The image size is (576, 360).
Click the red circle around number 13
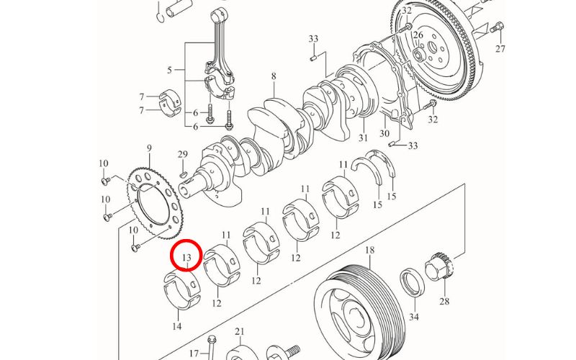coord(187,256)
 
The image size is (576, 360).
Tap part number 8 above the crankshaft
coord(274,76)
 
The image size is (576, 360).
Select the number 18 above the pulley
coord(370,251)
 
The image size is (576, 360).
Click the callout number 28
coord(444,302)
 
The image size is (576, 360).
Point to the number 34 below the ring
coord(414,317)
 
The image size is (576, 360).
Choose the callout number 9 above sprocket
coord(149,149)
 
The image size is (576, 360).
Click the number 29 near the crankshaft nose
coord(183,155)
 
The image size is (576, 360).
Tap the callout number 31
coord(363,138)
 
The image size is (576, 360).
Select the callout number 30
coord(384,134)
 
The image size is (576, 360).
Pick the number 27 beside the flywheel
coord(500,49)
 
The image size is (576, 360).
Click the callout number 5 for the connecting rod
coord(169,71)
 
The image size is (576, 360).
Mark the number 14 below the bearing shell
coord(176,326)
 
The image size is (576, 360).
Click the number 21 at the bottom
coord(240,332)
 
